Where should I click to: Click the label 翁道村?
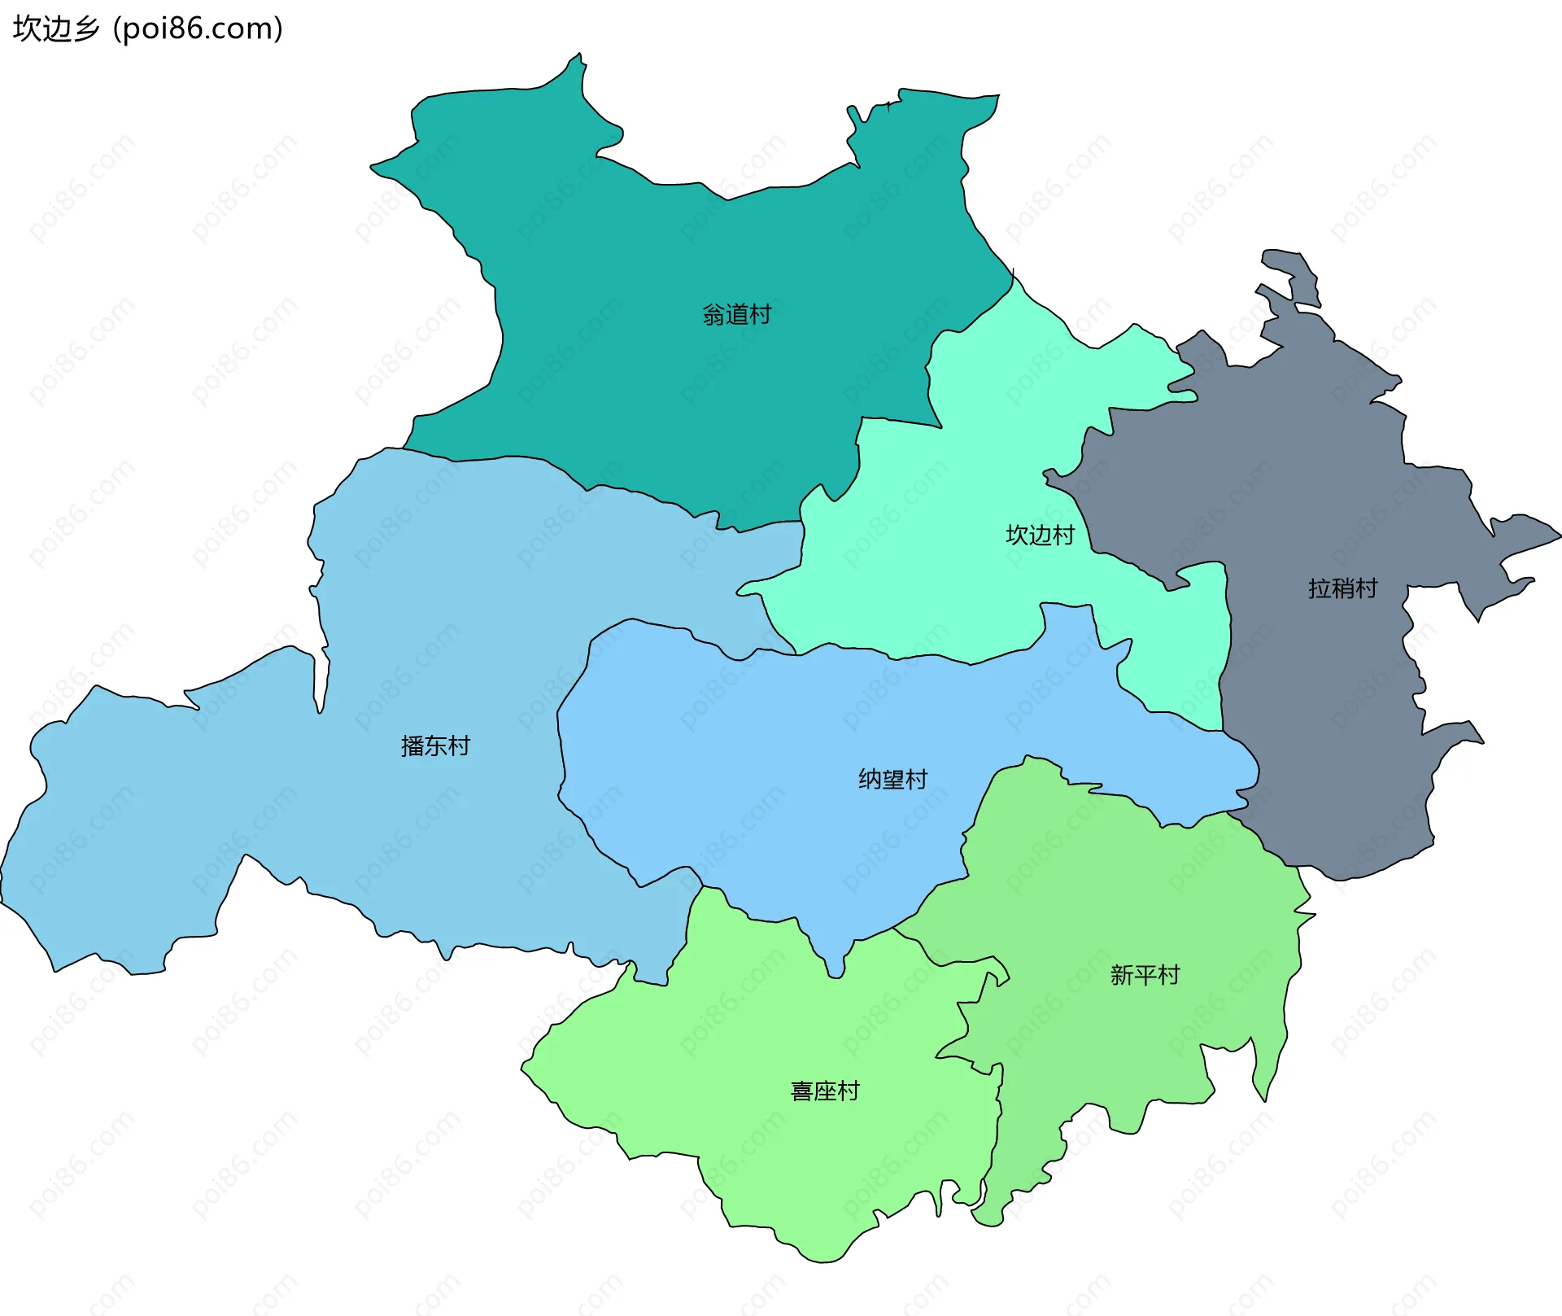[x=736, y=314]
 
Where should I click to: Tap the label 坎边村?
[x=1040, y=535]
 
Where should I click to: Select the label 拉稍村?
[x=1342, y=588]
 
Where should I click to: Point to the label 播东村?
[x=435, y=745]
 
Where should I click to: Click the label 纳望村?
[x=892, y=779]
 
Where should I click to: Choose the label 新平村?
[x=1145, y=974]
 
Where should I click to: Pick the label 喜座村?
[x=825, y=1091]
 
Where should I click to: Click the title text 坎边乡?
[x=55, y=28]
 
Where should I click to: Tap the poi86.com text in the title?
[x=198, y=28]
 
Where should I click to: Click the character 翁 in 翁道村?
[x=713, y=314]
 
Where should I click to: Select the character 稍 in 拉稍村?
[x=1342, y=588]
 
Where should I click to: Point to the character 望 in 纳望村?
[x=892, y=779]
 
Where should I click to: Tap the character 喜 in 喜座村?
[x=802, y=1091]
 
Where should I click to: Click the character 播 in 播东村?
[x=412, y=745]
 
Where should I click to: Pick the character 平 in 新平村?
[x=1145, y=974]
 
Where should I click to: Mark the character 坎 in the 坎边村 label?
[x=1017, y=535]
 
